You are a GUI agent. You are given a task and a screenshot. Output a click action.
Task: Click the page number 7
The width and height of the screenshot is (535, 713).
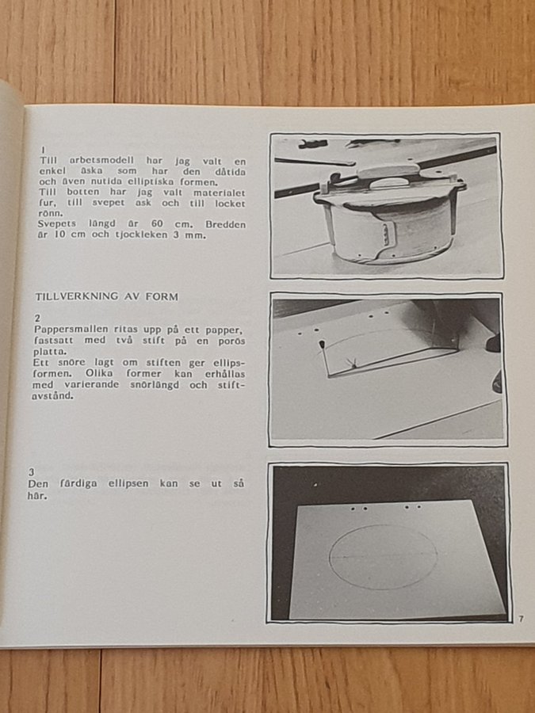(521, 619)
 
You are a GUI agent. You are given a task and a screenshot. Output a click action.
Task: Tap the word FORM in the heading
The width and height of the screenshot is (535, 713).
(162, 297)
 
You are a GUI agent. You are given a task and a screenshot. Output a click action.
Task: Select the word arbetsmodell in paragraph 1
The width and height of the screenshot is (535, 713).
(101, 161)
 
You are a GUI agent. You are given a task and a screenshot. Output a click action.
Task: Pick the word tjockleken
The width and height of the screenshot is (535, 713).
(142, 235)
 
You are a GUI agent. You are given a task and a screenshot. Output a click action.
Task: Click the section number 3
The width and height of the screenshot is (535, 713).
(31, 472)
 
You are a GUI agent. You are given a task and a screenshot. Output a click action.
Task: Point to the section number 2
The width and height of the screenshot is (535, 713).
(36, 318)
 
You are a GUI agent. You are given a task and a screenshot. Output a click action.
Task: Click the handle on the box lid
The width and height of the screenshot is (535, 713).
(388, 182)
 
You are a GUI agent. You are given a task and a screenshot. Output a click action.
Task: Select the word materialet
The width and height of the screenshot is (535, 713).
(220, 193)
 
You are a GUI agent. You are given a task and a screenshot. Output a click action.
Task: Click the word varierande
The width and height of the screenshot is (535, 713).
(92, 385)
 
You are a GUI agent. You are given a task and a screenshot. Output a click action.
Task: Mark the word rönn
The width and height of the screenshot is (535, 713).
(51, 213)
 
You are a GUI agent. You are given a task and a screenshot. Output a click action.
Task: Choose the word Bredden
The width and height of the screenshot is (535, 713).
(226, 225)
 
